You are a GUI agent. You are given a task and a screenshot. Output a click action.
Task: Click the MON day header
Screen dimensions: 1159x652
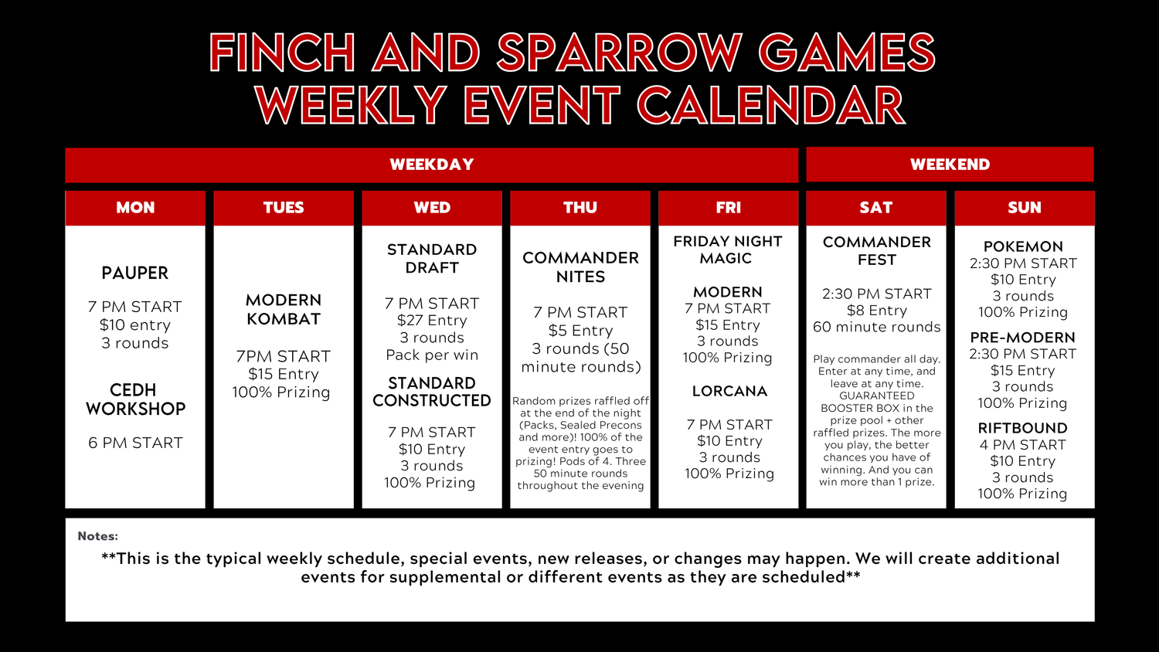[x=135, y=208]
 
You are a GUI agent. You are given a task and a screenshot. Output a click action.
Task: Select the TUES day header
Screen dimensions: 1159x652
[x=284, y=208]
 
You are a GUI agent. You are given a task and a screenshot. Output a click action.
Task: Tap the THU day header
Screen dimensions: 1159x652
[x=580, y=208]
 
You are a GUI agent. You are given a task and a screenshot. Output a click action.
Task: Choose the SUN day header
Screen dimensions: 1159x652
[x=1025, y=208]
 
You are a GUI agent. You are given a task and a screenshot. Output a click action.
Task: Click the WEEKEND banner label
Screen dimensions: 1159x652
[x=950, y=165]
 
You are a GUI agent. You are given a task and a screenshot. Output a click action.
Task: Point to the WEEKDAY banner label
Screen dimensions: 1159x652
[x=431, y=165]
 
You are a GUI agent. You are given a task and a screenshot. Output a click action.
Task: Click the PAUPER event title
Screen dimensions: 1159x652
[x=135, y=273]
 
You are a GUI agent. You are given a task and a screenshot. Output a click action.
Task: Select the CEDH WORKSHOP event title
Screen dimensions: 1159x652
[x=135, y=399]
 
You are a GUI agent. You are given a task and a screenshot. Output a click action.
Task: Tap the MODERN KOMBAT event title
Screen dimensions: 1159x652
[x=284, y=310]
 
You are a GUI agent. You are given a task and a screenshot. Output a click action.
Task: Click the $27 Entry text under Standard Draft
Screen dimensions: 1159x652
[x=432, y=321]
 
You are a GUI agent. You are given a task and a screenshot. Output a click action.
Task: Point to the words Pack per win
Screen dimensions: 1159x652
[x=432, y=355]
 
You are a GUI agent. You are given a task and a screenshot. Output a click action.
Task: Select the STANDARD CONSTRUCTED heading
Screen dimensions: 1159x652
[x=431, y=392]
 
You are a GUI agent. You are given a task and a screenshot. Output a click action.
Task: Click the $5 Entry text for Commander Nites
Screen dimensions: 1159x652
[x=580, y=330]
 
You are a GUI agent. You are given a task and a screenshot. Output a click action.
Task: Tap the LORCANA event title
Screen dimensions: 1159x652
[x=729, y=391]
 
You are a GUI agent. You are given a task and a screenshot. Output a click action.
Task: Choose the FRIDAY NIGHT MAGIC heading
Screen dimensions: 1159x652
[x=728, y=250]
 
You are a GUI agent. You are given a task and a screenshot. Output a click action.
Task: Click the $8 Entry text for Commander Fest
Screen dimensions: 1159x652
[x=877, y=311]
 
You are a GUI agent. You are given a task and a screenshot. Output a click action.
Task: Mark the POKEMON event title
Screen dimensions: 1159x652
[x=1024, y=246]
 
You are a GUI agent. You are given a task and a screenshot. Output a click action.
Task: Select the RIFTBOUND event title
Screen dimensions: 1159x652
[x=1023, y=428]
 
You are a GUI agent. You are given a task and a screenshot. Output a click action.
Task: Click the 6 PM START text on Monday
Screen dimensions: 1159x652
[x=135, y=443]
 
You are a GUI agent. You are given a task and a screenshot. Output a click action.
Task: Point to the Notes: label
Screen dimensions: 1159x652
[x=98, y=536]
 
